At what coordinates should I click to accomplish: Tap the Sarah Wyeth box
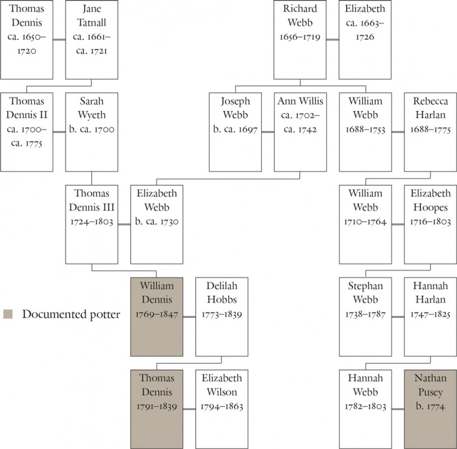[91, 132]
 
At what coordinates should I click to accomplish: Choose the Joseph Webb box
[235, 132]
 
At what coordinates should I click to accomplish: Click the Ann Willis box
[300, 132]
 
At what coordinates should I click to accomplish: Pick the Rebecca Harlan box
[430, 132]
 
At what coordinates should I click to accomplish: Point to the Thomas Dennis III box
[91, 224]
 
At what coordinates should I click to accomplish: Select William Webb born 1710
[365, 224]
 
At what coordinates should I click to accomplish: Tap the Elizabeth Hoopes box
[430, 224]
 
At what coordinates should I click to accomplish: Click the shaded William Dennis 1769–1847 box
[156, 316]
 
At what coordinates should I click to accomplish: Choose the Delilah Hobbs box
[221, 316]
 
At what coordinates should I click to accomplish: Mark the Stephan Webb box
[365, 316]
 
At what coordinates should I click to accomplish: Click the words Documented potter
[71, 314]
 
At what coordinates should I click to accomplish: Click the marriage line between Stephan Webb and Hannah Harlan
[398, 317]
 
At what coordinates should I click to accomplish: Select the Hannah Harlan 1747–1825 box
[430, 316]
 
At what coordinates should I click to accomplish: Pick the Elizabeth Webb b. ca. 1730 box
[156, 224]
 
